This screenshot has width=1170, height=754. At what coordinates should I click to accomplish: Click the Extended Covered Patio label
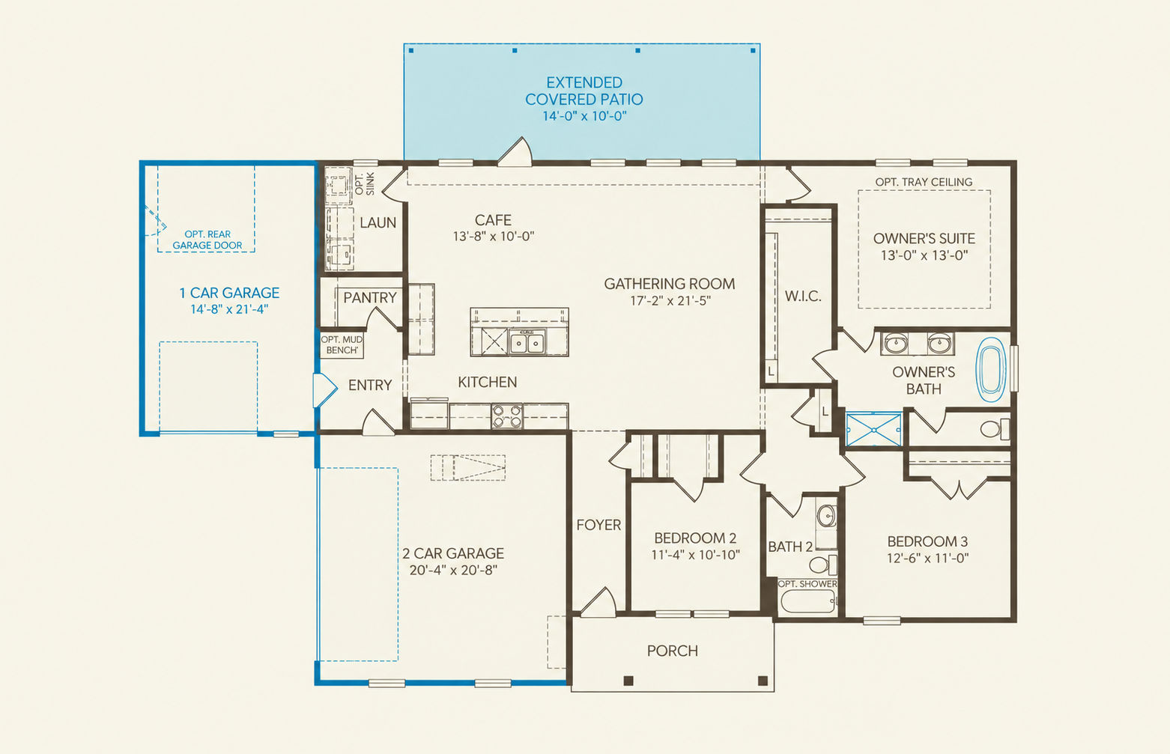coord(584,99)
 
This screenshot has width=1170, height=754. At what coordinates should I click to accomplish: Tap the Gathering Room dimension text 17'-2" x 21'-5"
coord(670,301)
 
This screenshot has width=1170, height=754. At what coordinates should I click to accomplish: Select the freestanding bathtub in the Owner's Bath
coord(991,370)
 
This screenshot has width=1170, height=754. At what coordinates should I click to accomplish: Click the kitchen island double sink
coord(527,342)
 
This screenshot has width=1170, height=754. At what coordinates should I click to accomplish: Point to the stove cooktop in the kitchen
coord(506,416)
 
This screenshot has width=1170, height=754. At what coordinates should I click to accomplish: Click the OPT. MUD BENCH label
coord(342,345)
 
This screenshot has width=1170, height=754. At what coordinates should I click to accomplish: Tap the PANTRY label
coord(370,298)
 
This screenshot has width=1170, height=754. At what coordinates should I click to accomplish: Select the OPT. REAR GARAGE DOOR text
coord(207,240)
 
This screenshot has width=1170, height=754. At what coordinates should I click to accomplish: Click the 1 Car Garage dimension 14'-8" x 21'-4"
coord(229,309)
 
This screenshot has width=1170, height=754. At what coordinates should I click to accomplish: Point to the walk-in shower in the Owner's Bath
coord(874,430)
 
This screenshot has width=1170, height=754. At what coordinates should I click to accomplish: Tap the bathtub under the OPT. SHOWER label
coord(807,601)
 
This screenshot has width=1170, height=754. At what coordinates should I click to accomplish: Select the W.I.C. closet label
coord(803,297)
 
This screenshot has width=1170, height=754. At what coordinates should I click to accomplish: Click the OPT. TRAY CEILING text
coord(924,182)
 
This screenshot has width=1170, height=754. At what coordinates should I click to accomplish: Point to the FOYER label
coord(598,525)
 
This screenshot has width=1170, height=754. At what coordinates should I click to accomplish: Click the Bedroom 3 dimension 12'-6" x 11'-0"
coord(927,558)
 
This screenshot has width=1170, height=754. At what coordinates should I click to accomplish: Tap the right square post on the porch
coord(763,681)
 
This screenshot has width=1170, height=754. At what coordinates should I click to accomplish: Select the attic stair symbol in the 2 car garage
coord(468,467)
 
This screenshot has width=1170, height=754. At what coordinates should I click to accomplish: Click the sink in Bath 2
coord(826,516)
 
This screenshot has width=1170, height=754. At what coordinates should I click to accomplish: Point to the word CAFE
coord(493,220)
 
